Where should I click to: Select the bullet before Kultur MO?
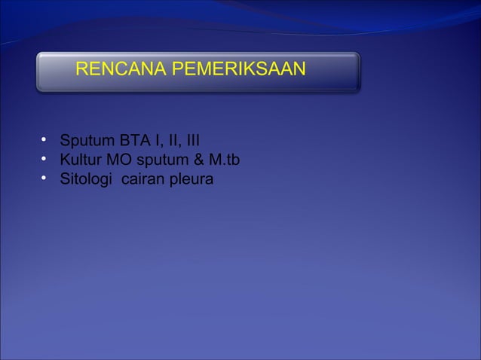click(x=44, y=159)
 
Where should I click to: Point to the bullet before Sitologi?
click(x=44, y=178)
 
